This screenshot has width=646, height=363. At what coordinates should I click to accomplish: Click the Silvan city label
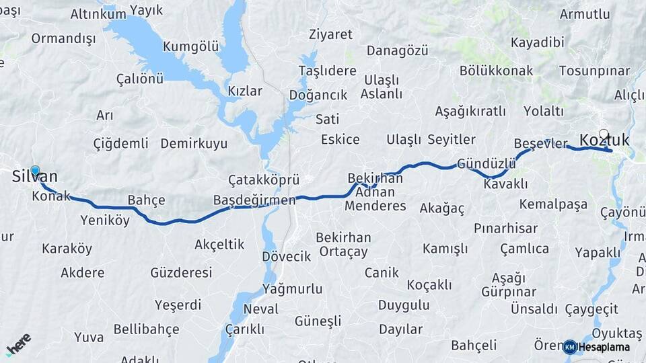35,177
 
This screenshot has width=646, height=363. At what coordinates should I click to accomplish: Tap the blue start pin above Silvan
35,171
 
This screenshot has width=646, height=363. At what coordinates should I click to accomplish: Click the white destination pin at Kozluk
604,134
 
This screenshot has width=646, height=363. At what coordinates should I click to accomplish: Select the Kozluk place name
604,140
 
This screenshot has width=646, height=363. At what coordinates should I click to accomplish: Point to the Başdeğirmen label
254,200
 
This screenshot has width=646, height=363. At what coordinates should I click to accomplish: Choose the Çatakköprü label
263,180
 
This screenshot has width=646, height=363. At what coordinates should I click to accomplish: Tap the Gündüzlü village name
486,163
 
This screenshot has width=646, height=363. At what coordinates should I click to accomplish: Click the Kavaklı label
505,184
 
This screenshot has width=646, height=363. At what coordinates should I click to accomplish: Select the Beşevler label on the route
540,144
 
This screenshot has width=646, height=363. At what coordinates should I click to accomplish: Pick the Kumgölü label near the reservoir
191,46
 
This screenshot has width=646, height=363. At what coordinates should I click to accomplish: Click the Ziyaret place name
330,34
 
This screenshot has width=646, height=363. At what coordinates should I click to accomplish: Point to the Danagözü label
397,51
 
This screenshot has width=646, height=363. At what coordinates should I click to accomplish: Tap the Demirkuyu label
194,144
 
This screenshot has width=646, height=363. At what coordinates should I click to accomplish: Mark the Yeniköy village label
104,220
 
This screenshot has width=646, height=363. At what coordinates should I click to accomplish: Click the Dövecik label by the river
286,256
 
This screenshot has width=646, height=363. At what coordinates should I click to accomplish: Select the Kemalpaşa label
553,204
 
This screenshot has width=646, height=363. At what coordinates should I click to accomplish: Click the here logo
19,344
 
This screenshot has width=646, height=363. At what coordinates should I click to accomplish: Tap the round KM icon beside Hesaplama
569,347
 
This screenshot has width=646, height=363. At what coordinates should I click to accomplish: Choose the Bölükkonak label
496,71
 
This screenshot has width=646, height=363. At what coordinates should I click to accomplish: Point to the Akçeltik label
219,244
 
